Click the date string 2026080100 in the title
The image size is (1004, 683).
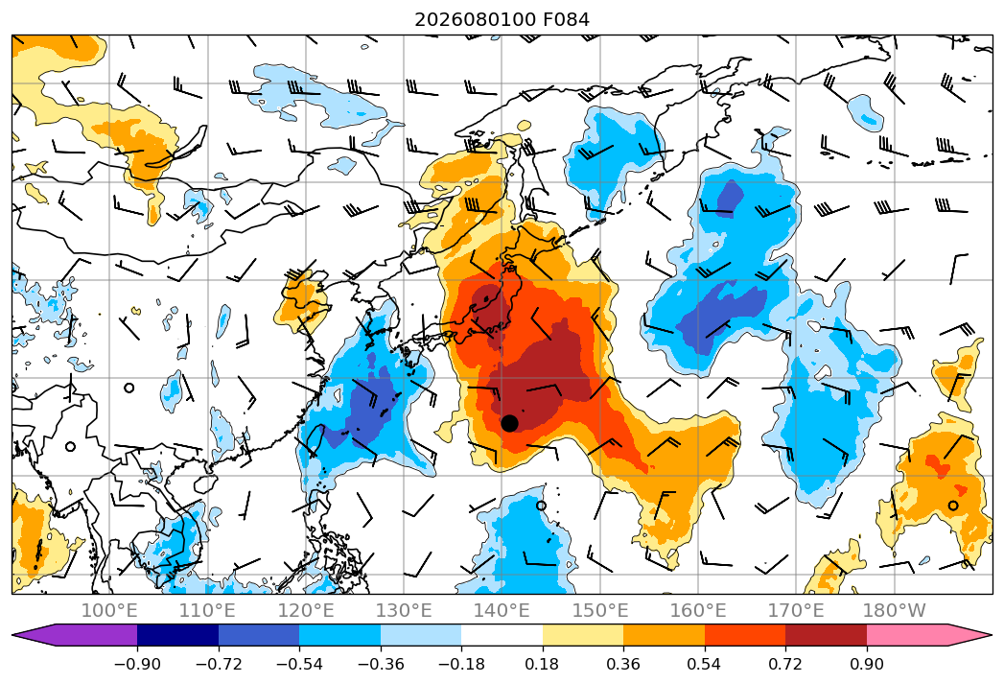[475, 20]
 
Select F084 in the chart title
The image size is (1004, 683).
[566, 20]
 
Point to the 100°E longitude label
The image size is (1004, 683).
[109, 610]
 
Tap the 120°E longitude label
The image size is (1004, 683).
[306, 610]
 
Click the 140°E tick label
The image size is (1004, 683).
[502, 610]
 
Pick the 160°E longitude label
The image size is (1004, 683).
[698, 610]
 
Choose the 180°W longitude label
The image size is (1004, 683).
[894, 610]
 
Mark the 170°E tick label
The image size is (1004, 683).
[796, 610]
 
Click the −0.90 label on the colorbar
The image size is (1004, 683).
[137, 664]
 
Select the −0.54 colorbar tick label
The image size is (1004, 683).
[299, 664]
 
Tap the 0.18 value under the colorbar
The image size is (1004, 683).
[543, 664]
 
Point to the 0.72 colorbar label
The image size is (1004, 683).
[785, 664]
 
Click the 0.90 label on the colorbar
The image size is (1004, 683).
[866, 664]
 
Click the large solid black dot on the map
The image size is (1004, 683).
[509, 423]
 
